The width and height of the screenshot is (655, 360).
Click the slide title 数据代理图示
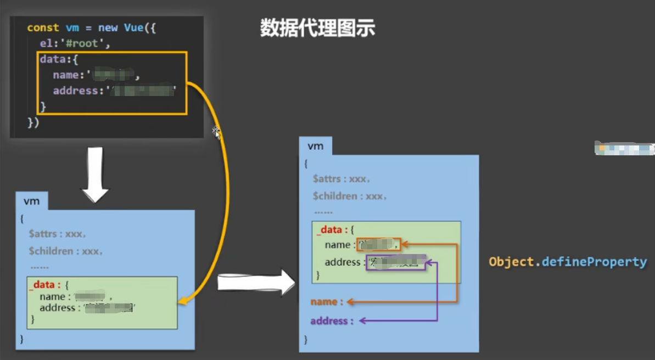click(317, 29)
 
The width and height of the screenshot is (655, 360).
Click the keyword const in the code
click(43, 27)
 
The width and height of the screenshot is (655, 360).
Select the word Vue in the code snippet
click(133, 27)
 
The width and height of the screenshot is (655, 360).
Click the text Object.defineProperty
click(568, 262)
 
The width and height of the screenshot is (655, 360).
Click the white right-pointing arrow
click(256, 282)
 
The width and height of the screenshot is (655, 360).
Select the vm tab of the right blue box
click(316, 146)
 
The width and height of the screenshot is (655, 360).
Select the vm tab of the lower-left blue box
click(32, 201)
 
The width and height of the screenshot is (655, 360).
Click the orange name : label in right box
click(327, 302)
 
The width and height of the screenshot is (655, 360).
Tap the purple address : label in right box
click(332, 321)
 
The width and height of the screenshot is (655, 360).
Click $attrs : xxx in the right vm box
click(341, 179)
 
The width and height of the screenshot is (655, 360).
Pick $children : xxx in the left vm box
click(66, 251)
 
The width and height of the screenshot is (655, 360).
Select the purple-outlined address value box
click(395, 262)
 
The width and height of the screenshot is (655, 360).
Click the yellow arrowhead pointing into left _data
click(183, 300)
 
